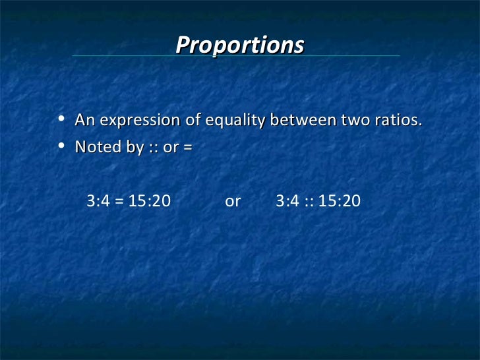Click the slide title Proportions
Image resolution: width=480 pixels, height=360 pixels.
tap(240, 45)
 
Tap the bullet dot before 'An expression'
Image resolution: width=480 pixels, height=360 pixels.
tap(61, 120)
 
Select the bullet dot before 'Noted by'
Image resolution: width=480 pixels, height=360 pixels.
tap(61, 146)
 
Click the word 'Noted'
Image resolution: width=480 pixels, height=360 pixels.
tap(94, 147)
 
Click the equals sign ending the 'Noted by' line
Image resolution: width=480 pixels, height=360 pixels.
tap(187, 148)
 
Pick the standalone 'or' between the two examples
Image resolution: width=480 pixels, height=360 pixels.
tap(233, 201)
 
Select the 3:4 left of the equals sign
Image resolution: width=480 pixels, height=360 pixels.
tap(98, 200)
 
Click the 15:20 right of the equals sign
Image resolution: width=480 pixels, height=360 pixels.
tap(149, 200)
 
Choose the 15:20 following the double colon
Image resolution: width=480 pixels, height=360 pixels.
tap(339, 200)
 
